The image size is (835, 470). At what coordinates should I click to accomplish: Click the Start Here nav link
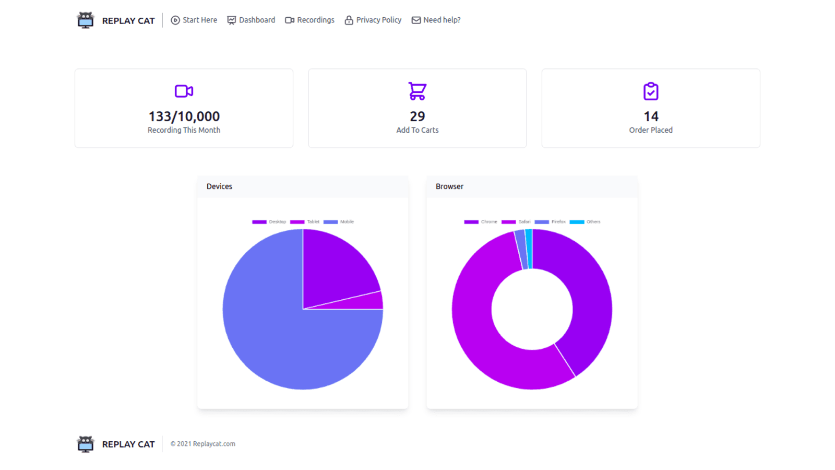194,20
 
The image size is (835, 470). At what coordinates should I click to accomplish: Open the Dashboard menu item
251,20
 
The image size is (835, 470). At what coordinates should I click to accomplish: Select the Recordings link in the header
309,20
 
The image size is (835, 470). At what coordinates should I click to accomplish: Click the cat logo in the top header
86,20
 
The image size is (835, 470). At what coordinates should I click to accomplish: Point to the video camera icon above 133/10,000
184,91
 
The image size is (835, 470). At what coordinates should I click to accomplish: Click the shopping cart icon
417,91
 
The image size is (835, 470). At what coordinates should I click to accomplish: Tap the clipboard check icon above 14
651,91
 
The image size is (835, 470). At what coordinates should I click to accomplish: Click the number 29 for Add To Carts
417,116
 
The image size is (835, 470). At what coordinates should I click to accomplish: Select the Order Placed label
651,130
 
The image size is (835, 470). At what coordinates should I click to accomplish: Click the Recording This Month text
184,130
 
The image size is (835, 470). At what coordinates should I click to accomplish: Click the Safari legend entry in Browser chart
516,222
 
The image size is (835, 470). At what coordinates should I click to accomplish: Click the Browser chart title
449,186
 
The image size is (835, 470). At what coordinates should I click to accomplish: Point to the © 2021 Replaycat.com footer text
203,444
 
